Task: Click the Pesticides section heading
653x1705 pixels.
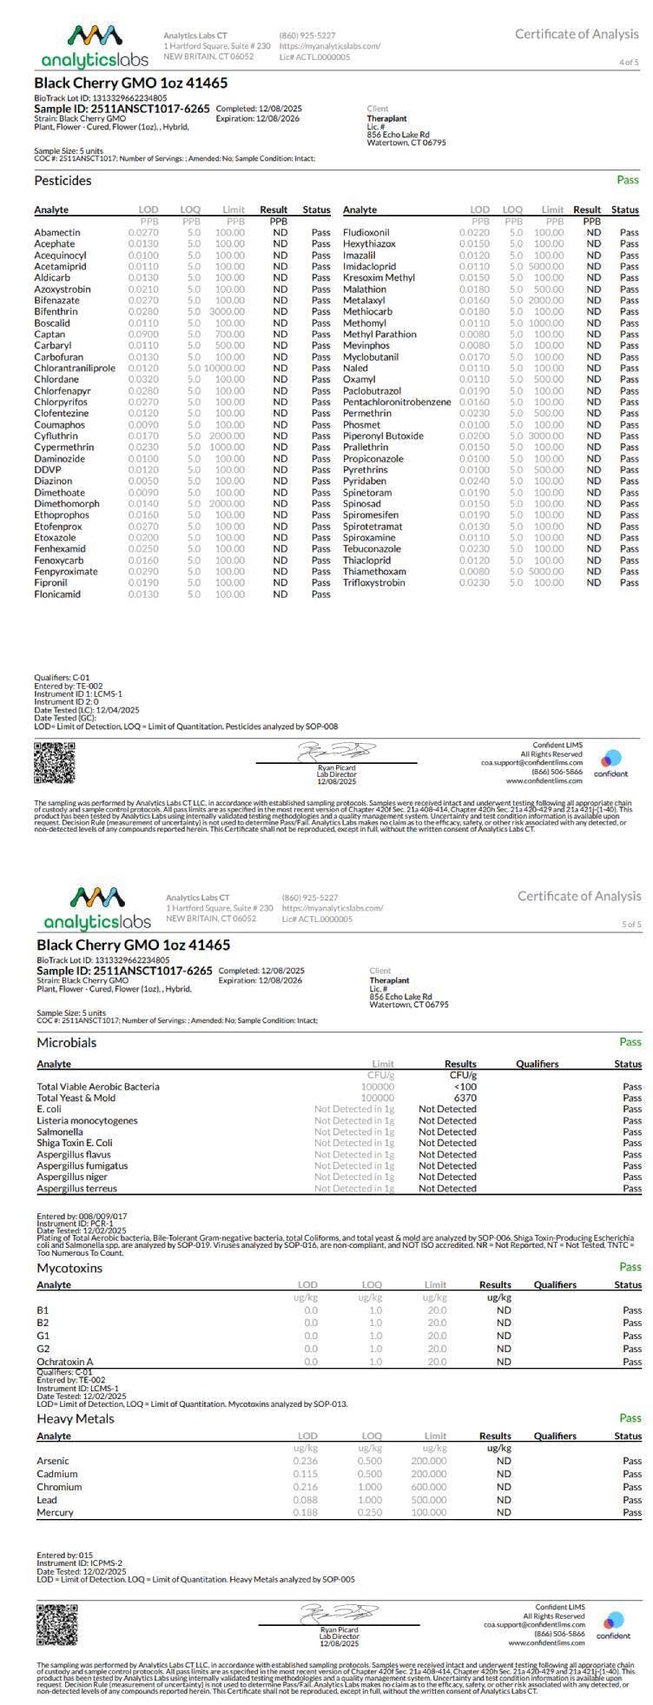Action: point(63,181)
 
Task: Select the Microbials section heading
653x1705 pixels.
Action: point(67,1042)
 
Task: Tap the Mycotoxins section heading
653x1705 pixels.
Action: point(69,1268)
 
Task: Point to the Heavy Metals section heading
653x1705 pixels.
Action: point(76,1418)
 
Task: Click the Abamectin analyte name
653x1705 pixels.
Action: point(57,233)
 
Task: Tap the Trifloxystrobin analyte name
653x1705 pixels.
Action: point(373,583)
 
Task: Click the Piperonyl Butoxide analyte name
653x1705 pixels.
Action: point(383,436)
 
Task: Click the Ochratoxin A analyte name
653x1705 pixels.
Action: point(65,1362)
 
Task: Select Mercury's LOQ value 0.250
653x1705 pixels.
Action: point(370,1513)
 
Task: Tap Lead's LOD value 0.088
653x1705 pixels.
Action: point(306,1500)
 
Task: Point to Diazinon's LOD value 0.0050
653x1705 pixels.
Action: point(143,481)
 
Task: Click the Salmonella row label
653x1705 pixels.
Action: point(61,1131)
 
